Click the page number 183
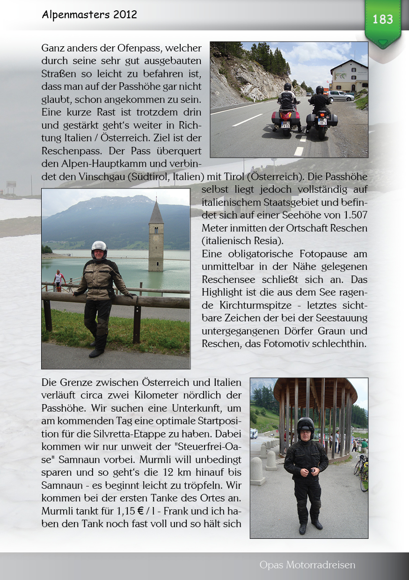[x=383, y=19]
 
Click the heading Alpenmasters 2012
[x=89, y=14]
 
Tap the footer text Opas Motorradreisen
[x=307, y=565]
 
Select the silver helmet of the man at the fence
[x=99, y=247]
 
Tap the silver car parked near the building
[x=341, y=96]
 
